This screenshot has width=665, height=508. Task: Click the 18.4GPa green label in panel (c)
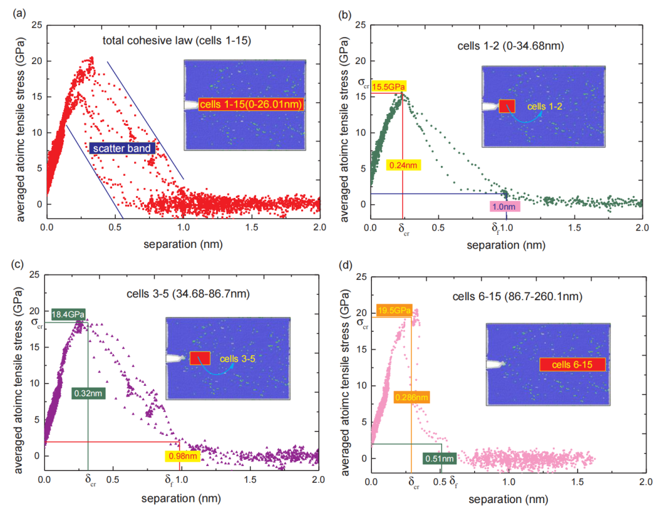pyautogui.click(x=68, y=314)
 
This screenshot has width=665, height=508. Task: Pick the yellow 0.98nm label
pyautogui.click(x=182, y=456)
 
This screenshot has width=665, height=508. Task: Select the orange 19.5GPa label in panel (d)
pyautogui.click(x=394, y=310)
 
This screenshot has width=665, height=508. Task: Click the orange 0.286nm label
pyautogui.click(x=412, y=397)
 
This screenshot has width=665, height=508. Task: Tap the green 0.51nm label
pyautogui.click(x=440, y=458)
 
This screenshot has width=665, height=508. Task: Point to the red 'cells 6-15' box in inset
pyautogui.click(x=573, y=364)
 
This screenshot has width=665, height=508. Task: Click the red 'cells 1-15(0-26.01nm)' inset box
pyautogui.click(x=252, y=105)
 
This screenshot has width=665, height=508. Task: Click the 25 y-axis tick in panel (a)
pyautogui.click(x=37, y=25)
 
